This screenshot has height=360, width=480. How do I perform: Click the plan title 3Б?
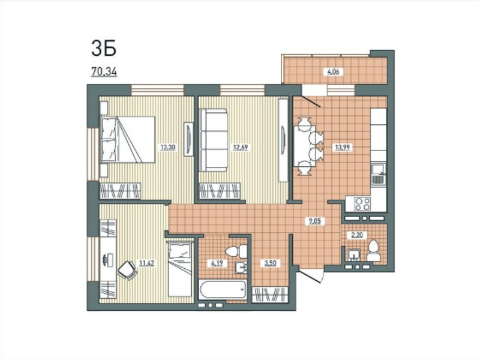(x=104, y=49)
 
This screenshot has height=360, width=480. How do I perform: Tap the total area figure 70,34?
(x=104, y=71)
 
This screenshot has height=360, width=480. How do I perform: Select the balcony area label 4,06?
(x=334, y=72)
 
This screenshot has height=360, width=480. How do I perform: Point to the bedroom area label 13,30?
(x=168, y=147)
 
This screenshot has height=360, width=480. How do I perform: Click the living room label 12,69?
(x=241, y=147)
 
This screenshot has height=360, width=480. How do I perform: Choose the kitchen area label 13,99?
(x=342, y=147)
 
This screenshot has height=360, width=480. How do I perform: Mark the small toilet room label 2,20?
(x=356, y=235)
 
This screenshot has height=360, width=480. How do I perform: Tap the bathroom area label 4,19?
(x=217, y=263)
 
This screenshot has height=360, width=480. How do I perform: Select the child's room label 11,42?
(x=146, y=263)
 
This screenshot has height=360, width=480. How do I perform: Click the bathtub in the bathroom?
(x=223, y=290)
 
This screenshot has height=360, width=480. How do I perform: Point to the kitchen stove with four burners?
(x=362, y=203)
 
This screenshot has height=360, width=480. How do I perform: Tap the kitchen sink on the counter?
(x=378, y=174)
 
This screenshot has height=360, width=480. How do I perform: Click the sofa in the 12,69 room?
(x=214, y=140)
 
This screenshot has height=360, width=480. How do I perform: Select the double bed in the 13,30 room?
(x=128, y=139)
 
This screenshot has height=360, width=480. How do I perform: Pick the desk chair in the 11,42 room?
(x=127, y=270)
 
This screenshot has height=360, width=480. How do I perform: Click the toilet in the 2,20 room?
(x=373, y=251)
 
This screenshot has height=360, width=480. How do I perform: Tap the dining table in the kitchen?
(x=303, y=146)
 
